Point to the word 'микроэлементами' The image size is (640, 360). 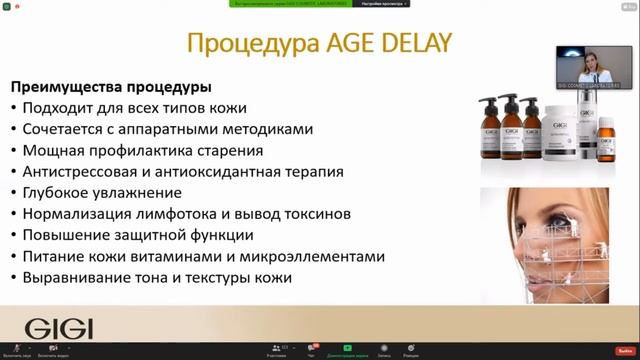(319, 256)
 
